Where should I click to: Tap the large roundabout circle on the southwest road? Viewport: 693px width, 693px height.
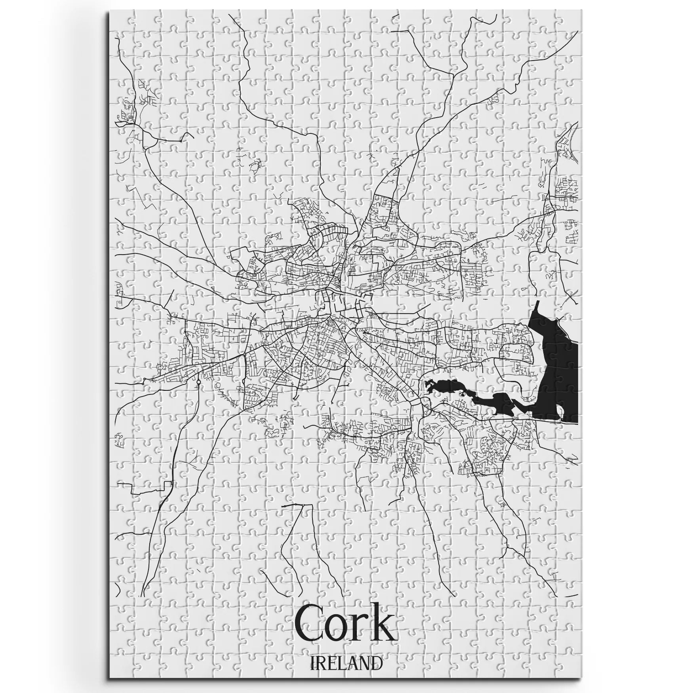click(x=198, y=383)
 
